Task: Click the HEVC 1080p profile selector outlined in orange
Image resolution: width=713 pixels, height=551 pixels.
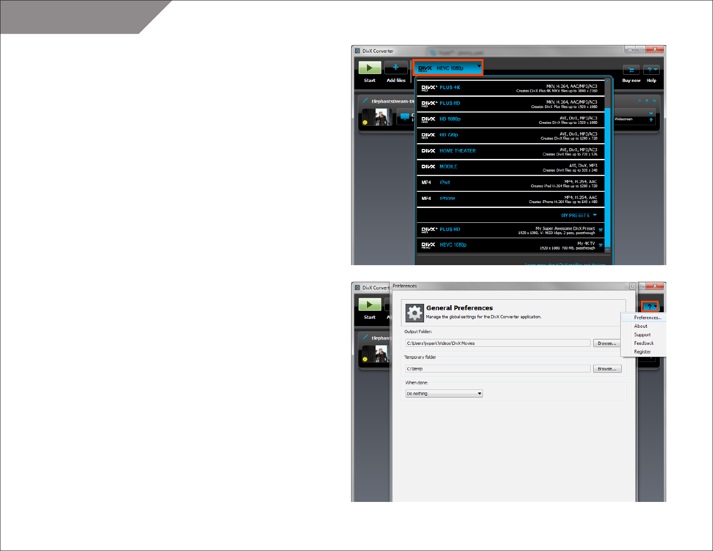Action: coord(448,68)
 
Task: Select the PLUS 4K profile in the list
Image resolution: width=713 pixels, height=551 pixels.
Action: coord(510,88)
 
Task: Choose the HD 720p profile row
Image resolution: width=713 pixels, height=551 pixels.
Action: coord(510,135)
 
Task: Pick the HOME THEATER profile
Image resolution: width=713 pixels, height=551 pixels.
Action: coord(510,151)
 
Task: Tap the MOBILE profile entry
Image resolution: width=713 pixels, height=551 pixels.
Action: coord(510,167)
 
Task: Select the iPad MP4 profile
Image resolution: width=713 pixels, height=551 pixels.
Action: coord(510,183)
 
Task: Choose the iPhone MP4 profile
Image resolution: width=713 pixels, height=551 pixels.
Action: coord(510,199)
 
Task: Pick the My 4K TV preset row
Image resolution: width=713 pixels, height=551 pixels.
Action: coord(510,245)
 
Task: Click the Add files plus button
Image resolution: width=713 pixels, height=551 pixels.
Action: coord(396,68)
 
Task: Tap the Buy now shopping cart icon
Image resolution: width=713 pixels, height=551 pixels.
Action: coord(631,70)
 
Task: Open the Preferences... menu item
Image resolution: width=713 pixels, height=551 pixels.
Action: coord(647,318)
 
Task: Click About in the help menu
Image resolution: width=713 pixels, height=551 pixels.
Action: coord(641,326)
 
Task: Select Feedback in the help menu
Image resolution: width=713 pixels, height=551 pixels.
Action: coord(644,343)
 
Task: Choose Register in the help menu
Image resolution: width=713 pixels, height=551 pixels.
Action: coord(642,352)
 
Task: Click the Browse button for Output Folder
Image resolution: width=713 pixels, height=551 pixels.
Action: coord(607,343)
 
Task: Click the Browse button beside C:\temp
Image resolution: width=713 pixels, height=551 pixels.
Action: coord(607,369)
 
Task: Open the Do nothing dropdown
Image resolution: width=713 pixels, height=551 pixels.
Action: coord(444,394)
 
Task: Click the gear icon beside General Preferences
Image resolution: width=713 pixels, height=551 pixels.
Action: coord(415,312)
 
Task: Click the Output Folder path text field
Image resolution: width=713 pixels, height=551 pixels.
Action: coord(497,343)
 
